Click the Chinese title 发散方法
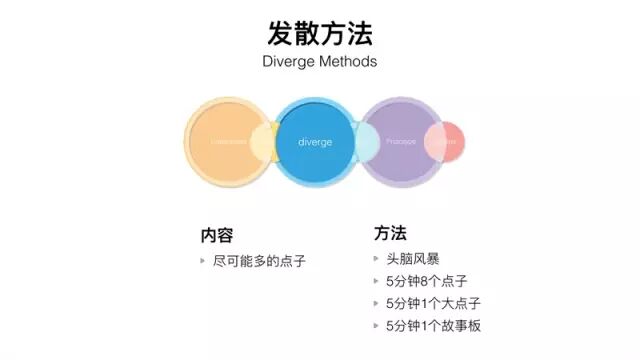(x=320, y=32)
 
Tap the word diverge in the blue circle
(x=315, y=142)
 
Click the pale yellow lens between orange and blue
(x=264, y=142)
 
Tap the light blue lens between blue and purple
(x=365, y=142)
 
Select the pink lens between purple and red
(x=434, y=142)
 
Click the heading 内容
(x=216, y=235)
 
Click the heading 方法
(x=390, y=234)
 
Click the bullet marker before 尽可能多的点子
(x=204, y=261)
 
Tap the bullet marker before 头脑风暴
(x=376, y=260)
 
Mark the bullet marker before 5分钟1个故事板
(x=376, y=325)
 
